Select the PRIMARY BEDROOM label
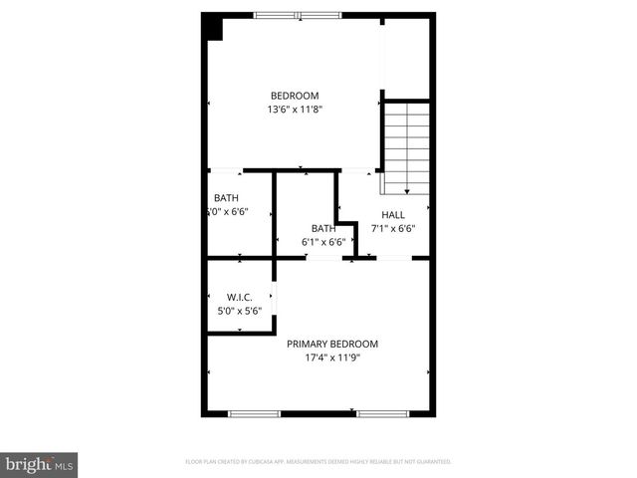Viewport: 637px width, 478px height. pyautogui.click(x=332, y=344)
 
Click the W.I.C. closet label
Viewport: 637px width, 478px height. pyautogui.click(x=239, y=297)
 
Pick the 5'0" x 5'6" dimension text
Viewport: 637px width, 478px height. pyautogui.click(x=239, y=311)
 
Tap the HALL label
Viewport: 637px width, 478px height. pyautogui.click(x=393, y=214)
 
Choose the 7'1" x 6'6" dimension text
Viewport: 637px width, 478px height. pyautogui.click(x=393, y=228)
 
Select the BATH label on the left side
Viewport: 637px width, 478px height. pyautogui.click(x=226, y=197)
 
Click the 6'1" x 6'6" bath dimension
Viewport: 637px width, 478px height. pyautogui.click(x=323, y=242)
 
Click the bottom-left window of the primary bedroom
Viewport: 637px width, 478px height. pyautogui.click(x=256, y=412)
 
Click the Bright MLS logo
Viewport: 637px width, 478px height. pyautogui.click(x=40, y=464)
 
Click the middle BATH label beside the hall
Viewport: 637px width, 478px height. pyautogui.click(x=322, y=228)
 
